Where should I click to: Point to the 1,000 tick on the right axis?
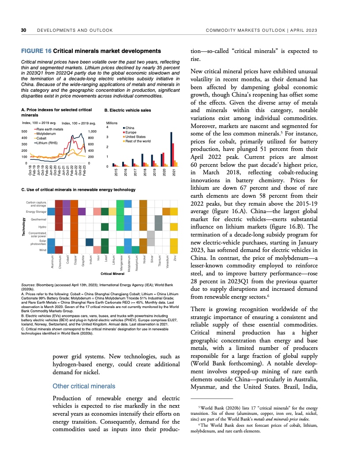[93, 132]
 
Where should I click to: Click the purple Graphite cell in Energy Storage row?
[82, 211]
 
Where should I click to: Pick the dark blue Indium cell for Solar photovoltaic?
[90, 241]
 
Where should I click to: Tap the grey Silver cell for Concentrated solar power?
[151, 234]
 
